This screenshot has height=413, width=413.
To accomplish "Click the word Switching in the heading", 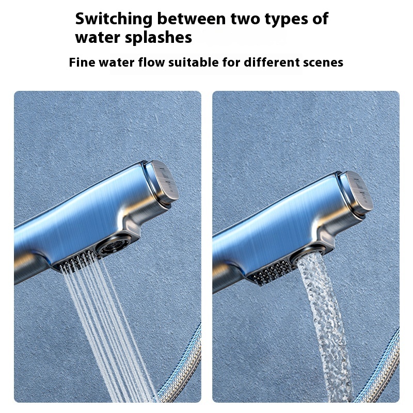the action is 114,19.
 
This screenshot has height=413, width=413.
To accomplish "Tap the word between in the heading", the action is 192,19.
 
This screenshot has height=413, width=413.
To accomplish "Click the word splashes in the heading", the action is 158,38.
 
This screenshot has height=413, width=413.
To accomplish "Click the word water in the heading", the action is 98,38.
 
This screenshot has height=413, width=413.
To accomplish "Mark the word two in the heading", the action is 246,20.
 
